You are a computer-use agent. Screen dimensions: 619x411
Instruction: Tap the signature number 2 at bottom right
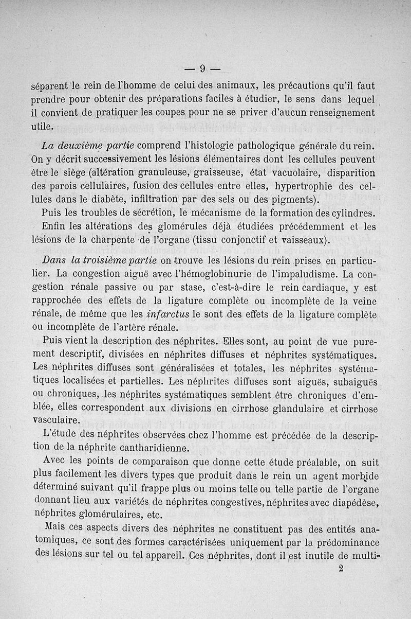[342, 569]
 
